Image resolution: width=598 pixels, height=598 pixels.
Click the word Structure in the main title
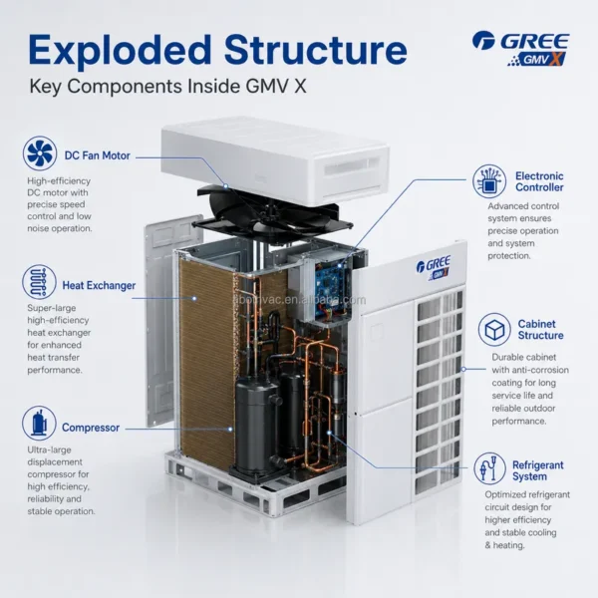(316, 50)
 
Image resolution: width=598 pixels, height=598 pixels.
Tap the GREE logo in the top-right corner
(521, 49)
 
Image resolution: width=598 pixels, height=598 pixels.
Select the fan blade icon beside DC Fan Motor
(40, 152)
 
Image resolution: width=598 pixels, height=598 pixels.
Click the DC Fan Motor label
(98, 155)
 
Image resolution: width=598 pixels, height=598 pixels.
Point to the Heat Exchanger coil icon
(39, 282)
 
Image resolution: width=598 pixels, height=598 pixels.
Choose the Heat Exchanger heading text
(99, 285)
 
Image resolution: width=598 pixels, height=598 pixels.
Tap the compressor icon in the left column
(39, 423)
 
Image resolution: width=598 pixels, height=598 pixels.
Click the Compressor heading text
(91, 428)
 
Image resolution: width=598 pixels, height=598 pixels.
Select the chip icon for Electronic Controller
(489, 181)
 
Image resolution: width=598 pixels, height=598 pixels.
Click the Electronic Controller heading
(539, 181)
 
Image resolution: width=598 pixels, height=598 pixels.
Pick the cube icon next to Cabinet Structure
(494, 330)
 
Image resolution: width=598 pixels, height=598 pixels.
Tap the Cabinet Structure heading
(540, 330)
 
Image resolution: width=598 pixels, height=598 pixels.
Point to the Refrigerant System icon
(489, 468)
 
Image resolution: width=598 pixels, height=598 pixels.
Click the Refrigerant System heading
(538, 470)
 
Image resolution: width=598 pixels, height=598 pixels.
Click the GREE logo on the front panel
(434, 267)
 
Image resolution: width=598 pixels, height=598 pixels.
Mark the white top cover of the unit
(275, 159)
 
